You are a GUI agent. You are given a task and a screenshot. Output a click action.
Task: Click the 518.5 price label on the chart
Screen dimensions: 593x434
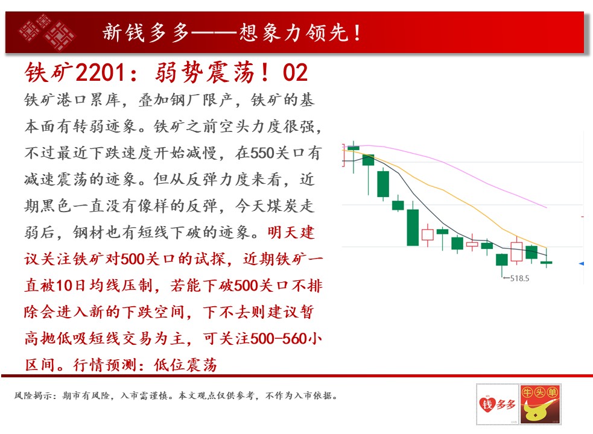[519, 278]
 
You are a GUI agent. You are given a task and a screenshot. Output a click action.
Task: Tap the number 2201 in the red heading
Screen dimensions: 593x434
[100, 72]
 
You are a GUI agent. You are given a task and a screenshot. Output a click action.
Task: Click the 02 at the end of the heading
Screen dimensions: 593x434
[295, 72]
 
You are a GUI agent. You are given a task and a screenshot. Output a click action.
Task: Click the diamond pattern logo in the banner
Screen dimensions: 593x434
[47, 33]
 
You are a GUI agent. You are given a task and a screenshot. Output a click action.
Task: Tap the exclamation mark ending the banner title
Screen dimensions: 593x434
[357, 33]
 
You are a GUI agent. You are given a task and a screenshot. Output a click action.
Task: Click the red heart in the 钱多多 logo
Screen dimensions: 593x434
[486, 404]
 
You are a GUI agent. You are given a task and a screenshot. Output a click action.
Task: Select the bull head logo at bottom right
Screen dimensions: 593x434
[540, 404]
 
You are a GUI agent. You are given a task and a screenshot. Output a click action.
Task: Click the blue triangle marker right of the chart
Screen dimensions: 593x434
[582, 263]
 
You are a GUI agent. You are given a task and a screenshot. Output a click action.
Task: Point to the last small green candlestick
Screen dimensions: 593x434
[547, 262]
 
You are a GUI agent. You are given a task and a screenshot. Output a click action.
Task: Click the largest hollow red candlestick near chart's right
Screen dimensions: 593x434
[516, 251]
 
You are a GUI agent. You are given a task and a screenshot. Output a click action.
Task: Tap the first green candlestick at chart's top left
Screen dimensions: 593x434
[354, 148]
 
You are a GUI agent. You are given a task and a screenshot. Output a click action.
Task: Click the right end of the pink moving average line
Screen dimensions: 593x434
[547, 207]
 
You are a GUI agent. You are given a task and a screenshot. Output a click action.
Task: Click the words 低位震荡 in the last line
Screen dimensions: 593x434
[185, 365]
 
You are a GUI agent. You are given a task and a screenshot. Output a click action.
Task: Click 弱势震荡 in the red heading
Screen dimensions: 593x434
[204, 72]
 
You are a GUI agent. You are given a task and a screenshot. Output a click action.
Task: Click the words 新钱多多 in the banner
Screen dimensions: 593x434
[145, 33]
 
